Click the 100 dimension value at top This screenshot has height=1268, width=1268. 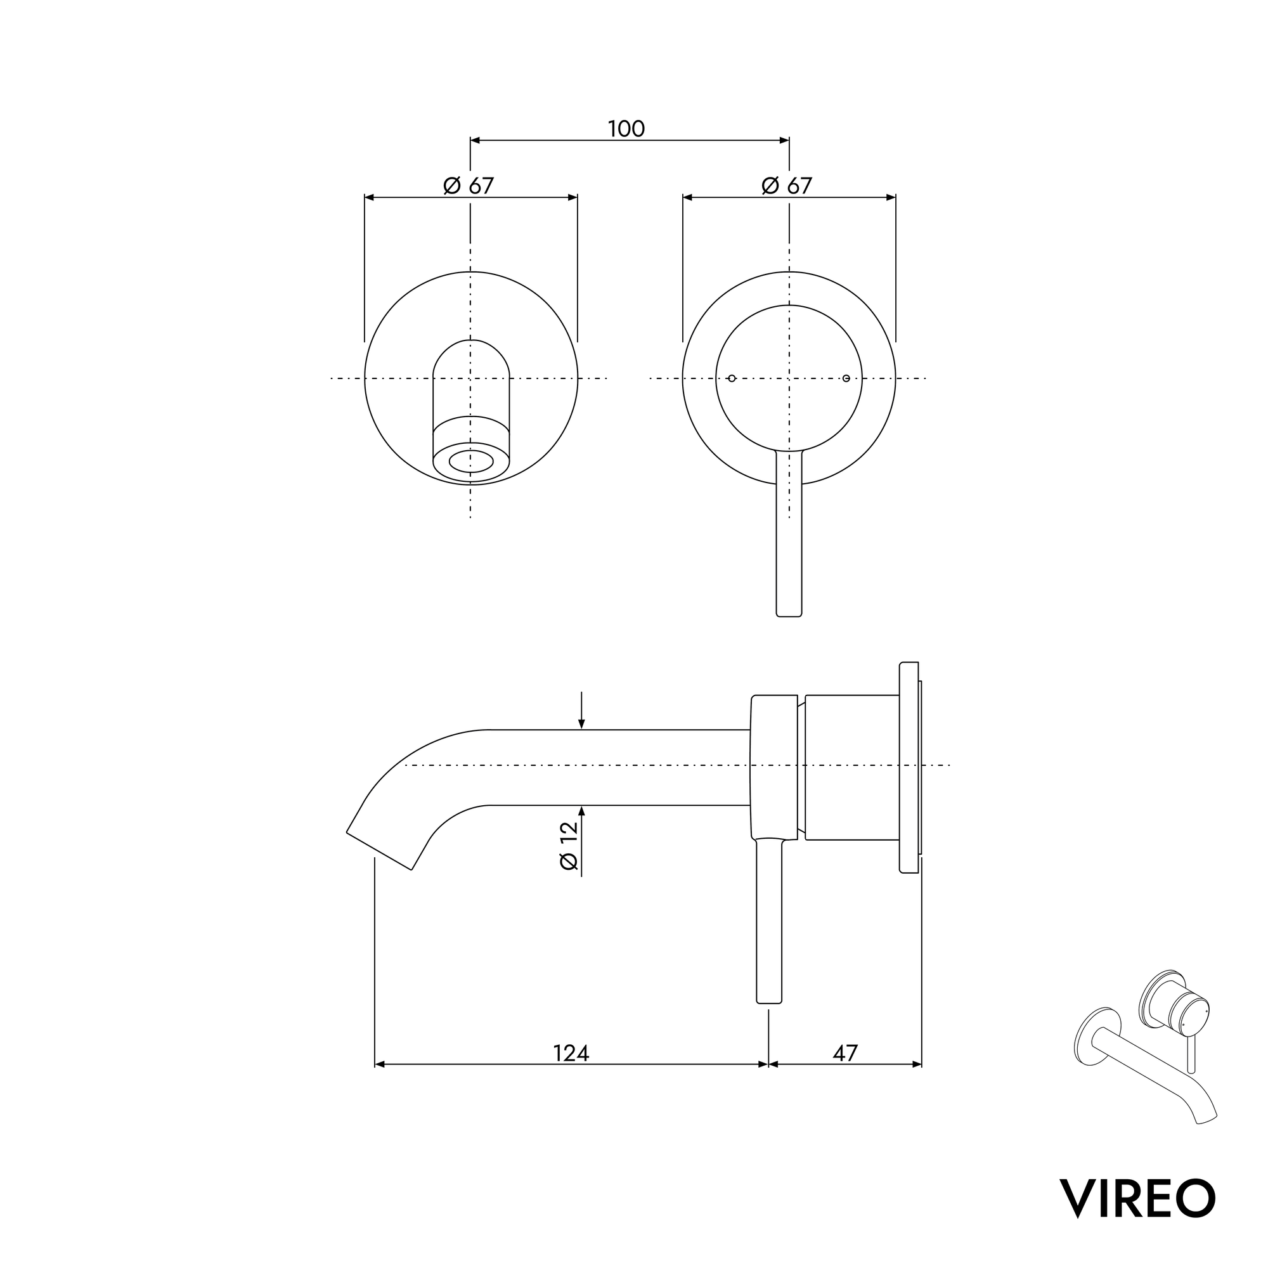pos(626,129)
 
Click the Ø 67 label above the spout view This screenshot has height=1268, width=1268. pos(469,186)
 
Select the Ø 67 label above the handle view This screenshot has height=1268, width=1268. pos(787,186)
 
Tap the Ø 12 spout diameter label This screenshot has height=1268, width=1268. pos(569,846)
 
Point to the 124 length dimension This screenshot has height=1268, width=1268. pos(571,1053)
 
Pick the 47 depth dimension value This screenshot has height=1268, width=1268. pos(844,1053)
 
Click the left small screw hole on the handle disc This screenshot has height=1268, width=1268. pos(732,378)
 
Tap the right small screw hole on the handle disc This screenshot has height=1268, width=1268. pos(846,378)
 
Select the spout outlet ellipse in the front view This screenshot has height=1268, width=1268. pos(470,462)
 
